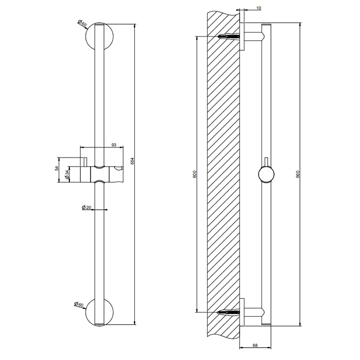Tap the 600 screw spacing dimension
pos(193,174)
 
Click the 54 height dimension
pos(58,168)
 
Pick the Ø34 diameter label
pos(68,174)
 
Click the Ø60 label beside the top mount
pos(81,23)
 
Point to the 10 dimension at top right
pos(257,9)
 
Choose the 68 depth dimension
pos(255,346)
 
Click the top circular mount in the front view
pos(99,37)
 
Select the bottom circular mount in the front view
pos(99,312)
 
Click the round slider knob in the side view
pos(265,175)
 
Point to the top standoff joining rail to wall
pos(253,37)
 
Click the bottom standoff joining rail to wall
pos(253,312)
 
